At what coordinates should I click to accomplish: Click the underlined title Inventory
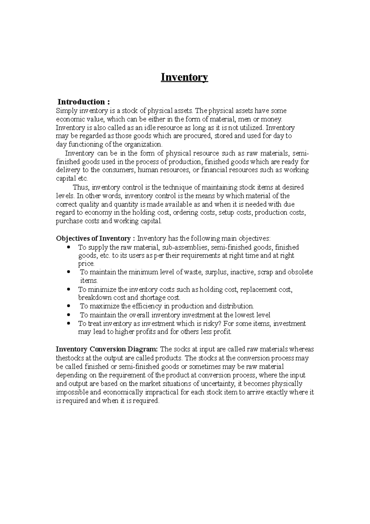click(x=184, y=77)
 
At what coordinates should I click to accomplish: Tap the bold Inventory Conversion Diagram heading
click(x=106, y=349)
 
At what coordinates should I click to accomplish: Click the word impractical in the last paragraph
click(x=167, y=393)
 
